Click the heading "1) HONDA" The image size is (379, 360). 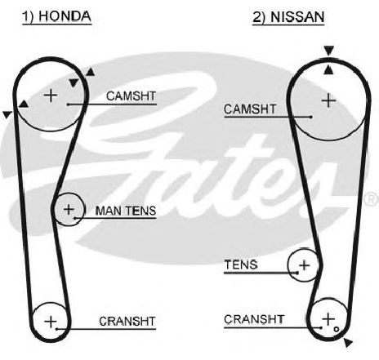pos(56,16)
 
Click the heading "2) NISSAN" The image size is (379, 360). pos(288,17)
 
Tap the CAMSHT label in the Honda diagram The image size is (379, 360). pos(131,96)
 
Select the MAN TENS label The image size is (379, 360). pos(126,211)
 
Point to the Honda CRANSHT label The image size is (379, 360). pos(127,322)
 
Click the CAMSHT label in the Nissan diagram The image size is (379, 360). pos(250,109)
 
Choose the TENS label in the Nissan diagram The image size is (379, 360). pos(241,264)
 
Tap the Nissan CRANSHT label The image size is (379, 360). pos(254,319)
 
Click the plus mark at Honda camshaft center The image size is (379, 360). pos(51,96)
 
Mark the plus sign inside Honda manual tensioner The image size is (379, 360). pos(69,209)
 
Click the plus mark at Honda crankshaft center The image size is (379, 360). pos(51,322)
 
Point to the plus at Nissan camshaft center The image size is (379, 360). pos(328,100)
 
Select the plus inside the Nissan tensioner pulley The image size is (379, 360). pos(304,264)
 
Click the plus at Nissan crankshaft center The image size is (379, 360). pos(328,319)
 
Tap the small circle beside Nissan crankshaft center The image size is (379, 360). pos(337,329)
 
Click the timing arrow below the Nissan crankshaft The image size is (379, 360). pos(348,342)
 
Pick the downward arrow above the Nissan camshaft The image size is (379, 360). pos(328,51)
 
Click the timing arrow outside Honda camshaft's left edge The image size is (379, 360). pos(7,114)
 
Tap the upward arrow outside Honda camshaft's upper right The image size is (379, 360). pos(91,72)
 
